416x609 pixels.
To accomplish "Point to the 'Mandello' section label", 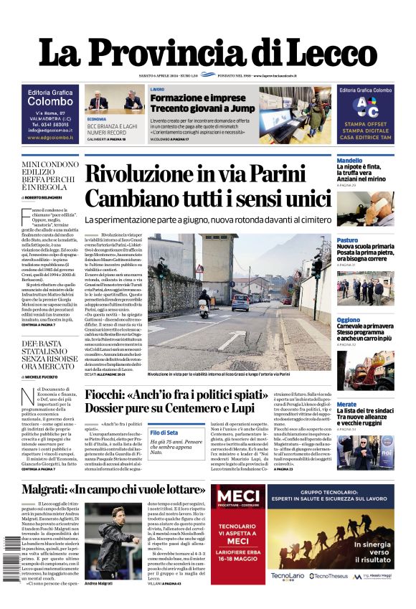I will tap(349, 161).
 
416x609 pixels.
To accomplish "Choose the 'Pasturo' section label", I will tap(347, 240).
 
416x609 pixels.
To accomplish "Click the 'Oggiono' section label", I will tap(349, 319).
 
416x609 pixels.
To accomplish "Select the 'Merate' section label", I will tap(346, 405).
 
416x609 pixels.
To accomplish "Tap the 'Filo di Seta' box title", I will tap(164, 432).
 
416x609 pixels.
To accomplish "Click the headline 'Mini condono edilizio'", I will tap(50, 175).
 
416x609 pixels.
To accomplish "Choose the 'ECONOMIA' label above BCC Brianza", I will tap(97, 119).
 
